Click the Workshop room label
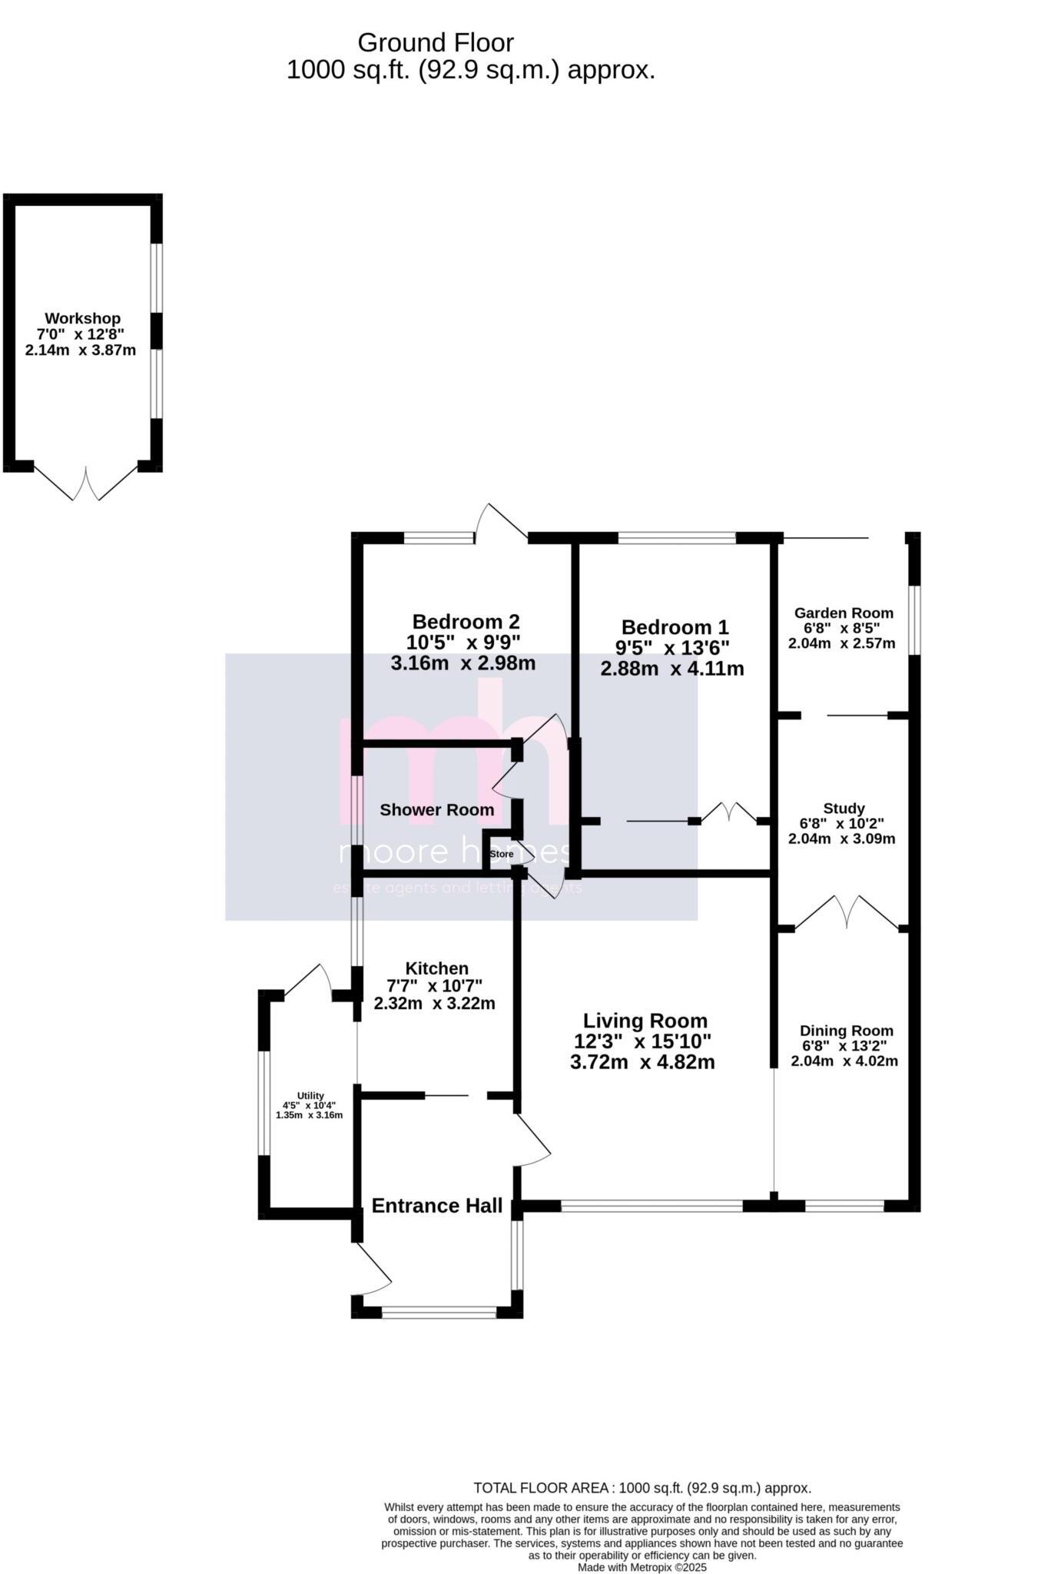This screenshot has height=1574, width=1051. tap(82, 318)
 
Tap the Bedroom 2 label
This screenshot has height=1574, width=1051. tap(466, 621)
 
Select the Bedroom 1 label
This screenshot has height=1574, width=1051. tap(675, 627)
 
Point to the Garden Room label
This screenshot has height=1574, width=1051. tap(844, 613)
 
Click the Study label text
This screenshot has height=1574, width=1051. tap(844, 808)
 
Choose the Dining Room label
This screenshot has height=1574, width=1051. tap(846, 1031)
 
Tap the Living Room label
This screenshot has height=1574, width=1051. tap(645, 1021)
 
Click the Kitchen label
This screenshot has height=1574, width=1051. tap(436, 968)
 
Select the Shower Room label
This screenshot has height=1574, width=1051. tap(436, 809)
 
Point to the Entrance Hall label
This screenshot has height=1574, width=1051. tap(436, 1206)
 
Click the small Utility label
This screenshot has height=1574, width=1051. tap(310, 1096)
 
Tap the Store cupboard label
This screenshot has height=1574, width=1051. tap(501, 854)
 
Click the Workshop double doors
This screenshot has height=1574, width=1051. tap(85, 484)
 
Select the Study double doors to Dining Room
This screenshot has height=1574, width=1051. tap(845, 912)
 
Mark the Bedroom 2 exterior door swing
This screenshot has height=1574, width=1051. tap(499, 520)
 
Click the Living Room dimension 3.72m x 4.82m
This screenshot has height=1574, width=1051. tap(642, 1062)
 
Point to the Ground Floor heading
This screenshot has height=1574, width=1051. tap(435, 42)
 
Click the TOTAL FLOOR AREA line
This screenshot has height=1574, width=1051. tap(642, 1488)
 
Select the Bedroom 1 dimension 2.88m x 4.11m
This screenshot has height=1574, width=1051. tap(671, 669)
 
